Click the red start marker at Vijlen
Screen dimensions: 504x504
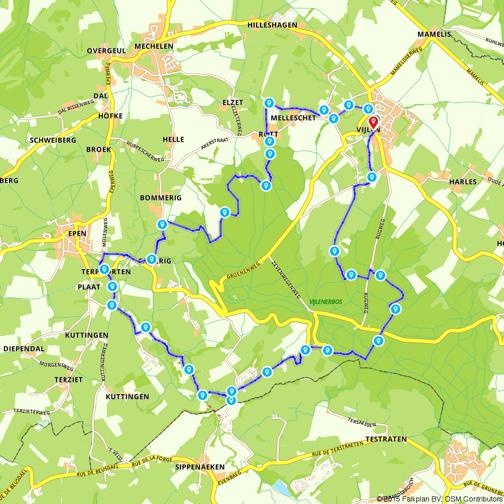[x=373, y=121]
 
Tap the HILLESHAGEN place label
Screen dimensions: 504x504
[x=273, y=25]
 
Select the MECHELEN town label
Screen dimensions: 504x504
[x=154, y=46]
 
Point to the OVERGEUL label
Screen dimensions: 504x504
[x=105, y=51]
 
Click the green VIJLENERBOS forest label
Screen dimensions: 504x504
[x=326, y=301]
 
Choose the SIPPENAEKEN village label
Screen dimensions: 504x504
[x=200, y=467]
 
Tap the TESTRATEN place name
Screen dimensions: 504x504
[x=386, y=439]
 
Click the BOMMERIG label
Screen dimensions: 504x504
[x=161, y=198]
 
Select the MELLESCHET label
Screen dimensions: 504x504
[x=293, y=117]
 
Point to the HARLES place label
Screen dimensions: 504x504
[x=462, y=181]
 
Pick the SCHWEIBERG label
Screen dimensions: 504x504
[x=53, y=140]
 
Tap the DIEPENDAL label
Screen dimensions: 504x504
[x=24, y=348]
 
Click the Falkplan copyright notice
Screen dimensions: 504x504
[x=439, y=499]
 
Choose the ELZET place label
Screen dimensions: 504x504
[x=232, y=102]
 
